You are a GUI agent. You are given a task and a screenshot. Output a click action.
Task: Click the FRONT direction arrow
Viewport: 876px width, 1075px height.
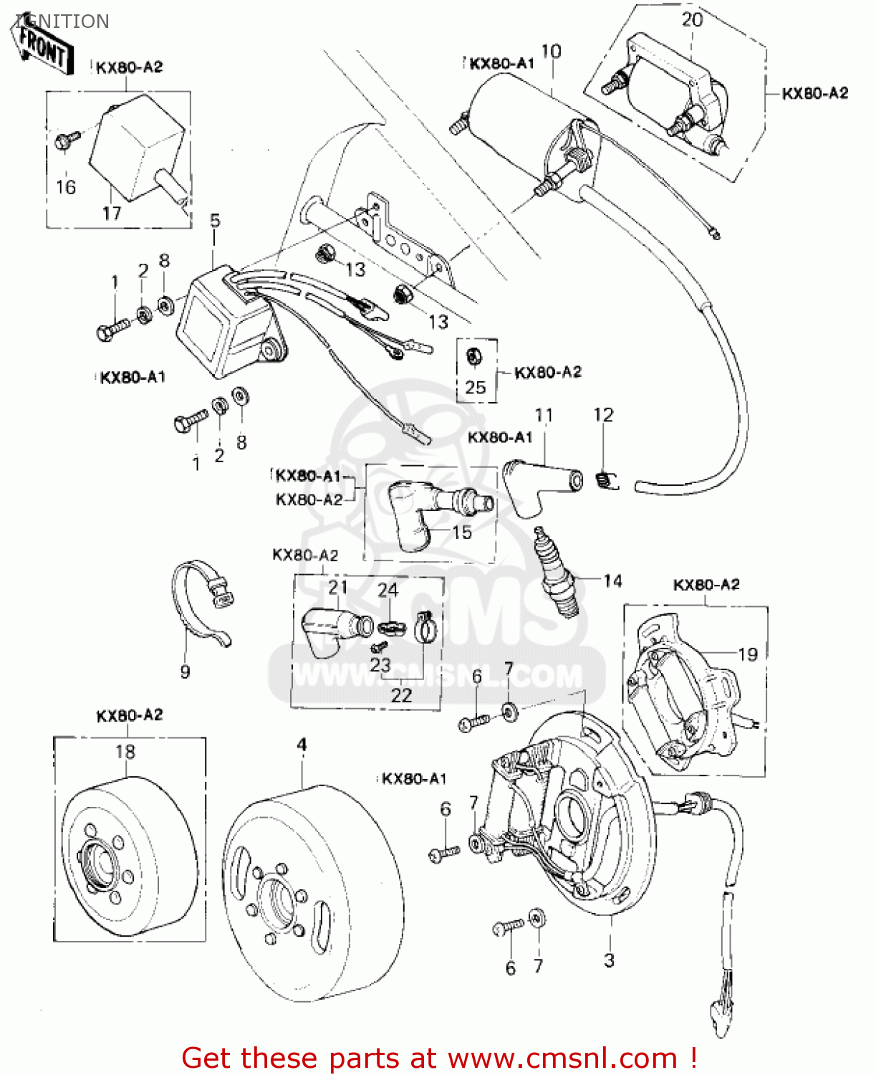point(44,46)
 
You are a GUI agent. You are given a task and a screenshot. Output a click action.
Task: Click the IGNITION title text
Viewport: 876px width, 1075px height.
point(62,21)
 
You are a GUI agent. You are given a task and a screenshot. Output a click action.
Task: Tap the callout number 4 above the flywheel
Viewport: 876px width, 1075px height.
point(302,745)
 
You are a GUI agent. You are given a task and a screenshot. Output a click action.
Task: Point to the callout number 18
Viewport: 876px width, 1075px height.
point(125,751)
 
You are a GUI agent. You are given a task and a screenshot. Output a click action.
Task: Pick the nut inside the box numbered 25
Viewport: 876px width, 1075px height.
point(473,356)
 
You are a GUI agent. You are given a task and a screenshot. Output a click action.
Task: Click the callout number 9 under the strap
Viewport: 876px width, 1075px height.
point(186,672)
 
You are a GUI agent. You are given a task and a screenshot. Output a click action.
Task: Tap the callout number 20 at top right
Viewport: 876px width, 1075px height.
point(692,19)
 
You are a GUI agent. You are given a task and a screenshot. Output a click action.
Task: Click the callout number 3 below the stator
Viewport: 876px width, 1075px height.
point(609,960)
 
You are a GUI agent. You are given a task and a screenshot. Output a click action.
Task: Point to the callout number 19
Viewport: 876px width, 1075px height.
point(748,654)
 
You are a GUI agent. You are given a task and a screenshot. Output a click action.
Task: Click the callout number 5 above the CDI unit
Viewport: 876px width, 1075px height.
point(215,220)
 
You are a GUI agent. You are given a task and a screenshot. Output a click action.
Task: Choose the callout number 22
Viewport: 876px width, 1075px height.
point(402,694)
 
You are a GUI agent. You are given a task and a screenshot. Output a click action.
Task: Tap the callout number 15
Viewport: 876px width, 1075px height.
point(462,532)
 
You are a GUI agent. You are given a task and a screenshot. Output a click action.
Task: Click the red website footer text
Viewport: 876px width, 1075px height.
point(438,1058)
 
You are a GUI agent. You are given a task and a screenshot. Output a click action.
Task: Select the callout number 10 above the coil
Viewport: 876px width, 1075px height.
point(551,51)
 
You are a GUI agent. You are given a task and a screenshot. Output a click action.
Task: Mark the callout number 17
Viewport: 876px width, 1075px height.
point(111,213)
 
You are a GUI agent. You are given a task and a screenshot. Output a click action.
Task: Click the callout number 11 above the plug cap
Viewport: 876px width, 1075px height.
point(544,415)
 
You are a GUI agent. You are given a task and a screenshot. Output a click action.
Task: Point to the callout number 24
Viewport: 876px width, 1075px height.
point(388,590)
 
